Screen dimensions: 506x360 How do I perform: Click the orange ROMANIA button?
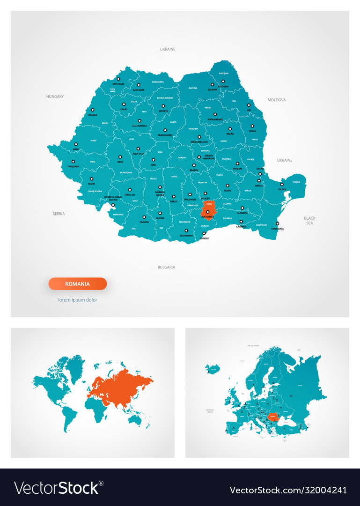pyautogui.click(x=78, y=283)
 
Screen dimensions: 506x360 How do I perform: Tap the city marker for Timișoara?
pyautogui.click(x=73, y=162)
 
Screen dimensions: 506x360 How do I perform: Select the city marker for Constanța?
pyautogui.click(x=277, y=223)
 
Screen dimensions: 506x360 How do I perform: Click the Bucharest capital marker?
pyautogui.click(x=208, y=212)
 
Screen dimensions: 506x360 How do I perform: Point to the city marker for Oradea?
pyautogui.click(x=92, y=110)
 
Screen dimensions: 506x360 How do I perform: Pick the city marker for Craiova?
pyautogui.click(x=144, y=217)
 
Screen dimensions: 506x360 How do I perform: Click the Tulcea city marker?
pyautogui.click(x=282, y=184)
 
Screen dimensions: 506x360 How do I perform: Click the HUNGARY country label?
pyautogui.click(x=55, y=97)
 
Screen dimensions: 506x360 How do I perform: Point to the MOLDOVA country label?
pyautogui.click(x=277, y=100)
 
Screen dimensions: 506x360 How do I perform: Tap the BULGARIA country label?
pyautogui.click(x=166, y=267)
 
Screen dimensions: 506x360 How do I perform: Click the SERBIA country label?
pyautogui.click(x=59, y=214)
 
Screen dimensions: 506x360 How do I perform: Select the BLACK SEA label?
pyautogui.click(x=309, y=220)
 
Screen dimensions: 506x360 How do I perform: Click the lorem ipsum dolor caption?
pyautogui.click(x=78, y=300)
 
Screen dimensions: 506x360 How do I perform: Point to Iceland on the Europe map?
pyautogui.click(x=213, y=368)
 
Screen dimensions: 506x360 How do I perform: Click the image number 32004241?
pyautogui.click(x=318, y=490)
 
